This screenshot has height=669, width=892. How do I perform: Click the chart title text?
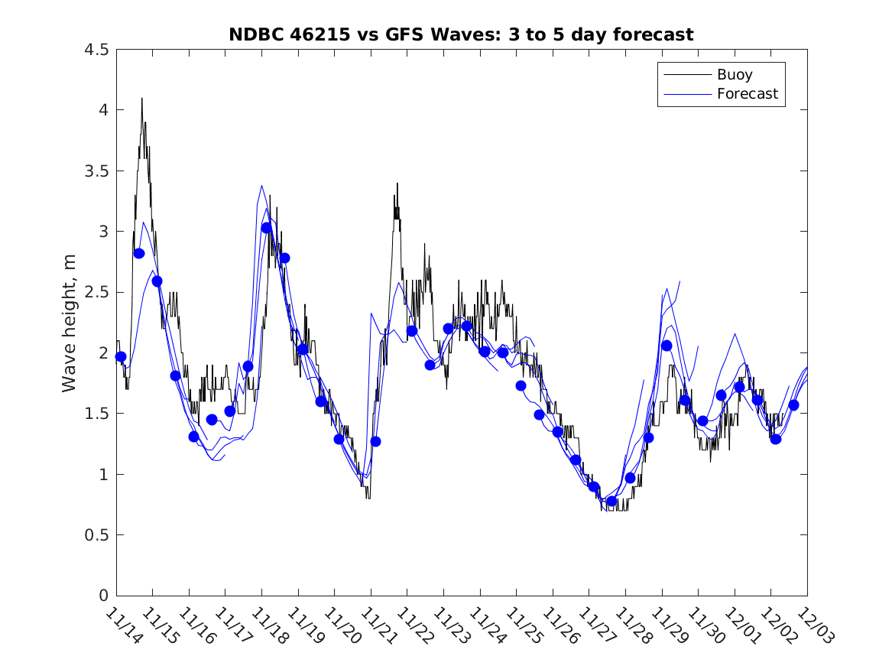(461, 34)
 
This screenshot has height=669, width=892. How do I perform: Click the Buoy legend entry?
(734, 74)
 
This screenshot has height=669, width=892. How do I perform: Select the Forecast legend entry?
(747, 94)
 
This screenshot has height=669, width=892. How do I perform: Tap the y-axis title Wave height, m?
(70, 323)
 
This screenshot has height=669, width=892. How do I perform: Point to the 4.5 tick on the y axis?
(96, 50)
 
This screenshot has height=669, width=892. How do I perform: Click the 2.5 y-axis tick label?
(96, 293)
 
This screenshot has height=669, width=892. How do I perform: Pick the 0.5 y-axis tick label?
(96, 535)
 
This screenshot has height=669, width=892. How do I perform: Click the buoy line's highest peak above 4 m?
(141, 99)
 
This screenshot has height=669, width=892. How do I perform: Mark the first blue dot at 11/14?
(121, 357)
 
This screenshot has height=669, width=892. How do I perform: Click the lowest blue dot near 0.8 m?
(611, 502)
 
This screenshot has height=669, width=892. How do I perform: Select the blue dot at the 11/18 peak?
(266, 228)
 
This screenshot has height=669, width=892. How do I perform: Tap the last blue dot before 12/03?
(793, 405)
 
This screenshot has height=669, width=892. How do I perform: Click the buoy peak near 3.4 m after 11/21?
(397, 183)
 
